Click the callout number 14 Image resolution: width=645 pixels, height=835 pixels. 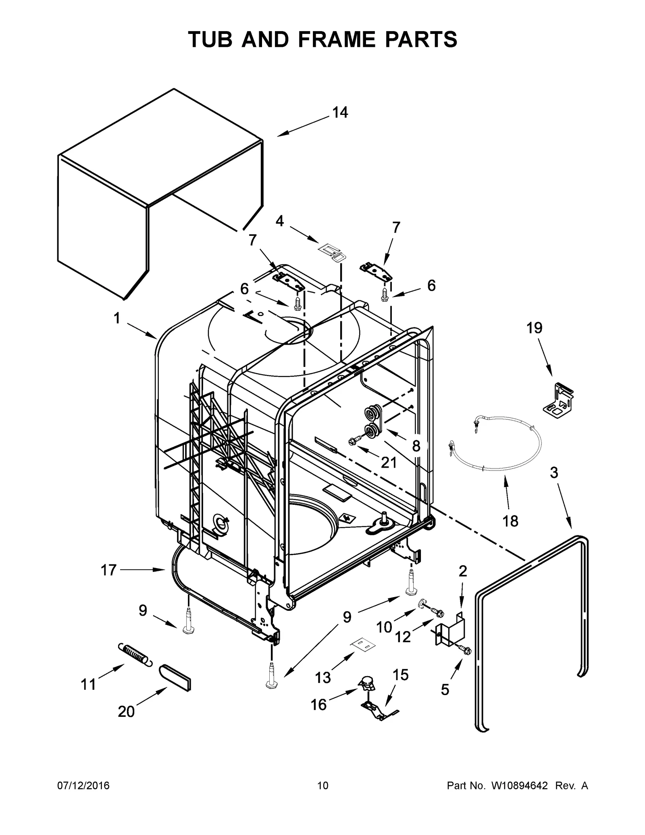340,113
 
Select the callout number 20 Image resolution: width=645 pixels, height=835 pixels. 126,711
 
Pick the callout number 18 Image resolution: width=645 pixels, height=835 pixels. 510,521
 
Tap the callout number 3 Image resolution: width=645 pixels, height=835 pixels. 554,473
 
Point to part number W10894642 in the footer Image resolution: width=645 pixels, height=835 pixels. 519,785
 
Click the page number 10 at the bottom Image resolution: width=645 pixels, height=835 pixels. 322,785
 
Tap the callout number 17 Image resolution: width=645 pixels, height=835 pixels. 108,570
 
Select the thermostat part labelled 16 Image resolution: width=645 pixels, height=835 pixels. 366,683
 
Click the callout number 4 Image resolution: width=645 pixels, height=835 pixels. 279,221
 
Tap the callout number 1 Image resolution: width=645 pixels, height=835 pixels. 117,319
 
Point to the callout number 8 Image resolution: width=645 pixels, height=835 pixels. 416,446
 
